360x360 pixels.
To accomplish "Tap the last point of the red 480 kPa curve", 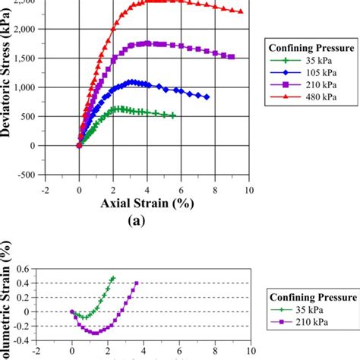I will point(241,11).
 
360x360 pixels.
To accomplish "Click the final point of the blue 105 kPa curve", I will point(207,97).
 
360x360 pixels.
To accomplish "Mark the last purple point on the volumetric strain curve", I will point(137,283).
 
